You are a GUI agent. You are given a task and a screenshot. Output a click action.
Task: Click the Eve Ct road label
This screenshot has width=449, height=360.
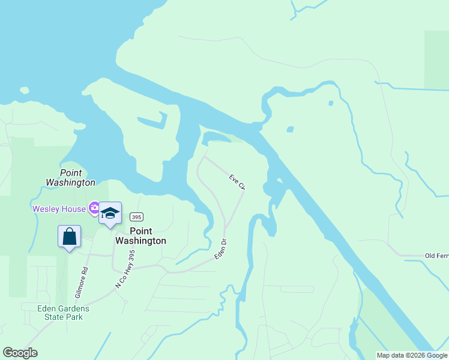[238, 182]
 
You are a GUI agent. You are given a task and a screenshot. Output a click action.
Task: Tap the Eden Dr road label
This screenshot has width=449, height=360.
[221, 250]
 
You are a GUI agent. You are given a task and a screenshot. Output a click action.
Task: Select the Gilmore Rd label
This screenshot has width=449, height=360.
[82, 283]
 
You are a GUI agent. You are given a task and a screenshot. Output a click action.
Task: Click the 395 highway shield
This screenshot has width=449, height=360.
[136, 217]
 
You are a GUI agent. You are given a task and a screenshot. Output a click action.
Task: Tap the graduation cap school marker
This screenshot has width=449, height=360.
[110, 214]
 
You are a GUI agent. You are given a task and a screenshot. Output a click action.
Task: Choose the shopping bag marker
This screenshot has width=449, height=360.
[70, 236]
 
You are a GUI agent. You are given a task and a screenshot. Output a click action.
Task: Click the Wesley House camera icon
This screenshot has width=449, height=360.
[94, 209]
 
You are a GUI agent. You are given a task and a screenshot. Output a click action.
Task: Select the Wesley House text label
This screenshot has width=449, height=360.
[59, 209]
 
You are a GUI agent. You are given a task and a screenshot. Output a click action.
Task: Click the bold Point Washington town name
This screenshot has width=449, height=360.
[140, 236]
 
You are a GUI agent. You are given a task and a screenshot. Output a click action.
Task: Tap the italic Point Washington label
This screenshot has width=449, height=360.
[70, 178]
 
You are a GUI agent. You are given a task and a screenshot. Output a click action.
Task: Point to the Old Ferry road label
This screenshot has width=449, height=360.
[436, 256]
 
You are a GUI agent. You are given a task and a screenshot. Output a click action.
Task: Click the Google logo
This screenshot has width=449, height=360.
[20, 353]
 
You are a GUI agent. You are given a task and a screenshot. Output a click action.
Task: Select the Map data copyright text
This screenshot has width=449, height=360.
[412, 355]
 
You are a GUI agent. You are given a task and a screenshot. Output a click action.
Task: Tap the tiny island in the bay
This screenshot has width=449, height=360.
[24, 91]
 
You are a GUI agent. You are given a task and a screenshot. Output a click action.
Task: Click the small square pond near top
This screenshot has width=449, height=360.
[331, 103]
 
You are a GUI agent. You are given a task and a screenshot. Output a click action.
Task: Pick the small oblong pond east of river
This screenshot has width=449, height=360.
[291, 129]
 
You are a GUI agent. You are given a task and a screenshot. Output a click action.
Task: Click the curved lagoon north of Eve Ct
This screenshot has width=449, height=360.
[215, 137]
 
